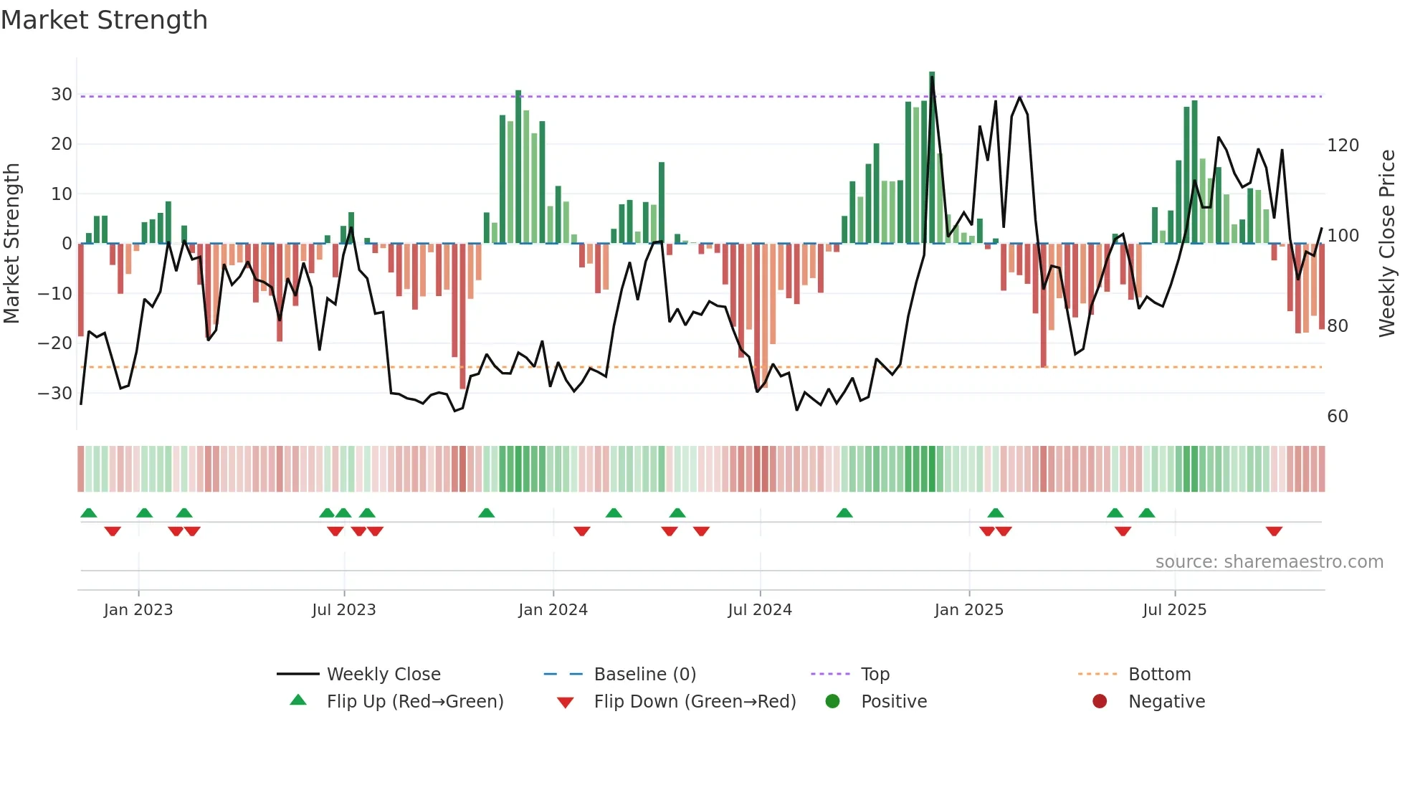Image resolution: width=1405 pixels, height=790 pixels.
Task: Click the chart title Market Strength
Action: (104, 20)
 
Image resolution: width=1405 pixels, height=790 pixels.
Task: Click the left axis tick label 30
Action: (62, 95)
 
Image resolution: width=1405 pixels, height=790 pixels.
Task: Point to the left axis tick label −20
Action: (55, 343)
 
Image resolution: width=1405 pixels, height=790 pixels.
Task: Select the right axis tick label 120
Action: (1343, 146)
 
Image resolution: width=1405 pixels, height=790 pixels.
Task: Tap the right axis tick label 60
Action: (1338, 417)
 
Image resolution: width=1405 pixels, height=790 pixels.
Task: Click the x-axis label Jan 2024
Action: (553, 610)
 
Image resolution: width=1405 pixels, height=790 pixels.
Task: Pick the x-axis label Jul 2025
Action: (1174, 610)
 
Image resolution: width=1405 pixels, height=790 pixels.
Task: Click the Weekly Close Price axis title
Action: (1387, 244)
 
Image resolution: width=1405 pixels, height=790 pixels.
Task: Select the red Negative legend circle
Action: (1100, 702)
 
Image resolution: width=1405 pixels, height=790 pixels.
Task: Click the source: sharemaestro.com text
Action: (1269, 562)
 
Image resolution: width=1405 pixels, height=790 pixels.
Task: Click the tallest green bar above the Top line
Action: (932, 83)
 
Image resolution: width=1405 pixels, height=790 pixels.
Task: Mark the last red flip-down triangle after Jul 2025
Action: (1274, 531)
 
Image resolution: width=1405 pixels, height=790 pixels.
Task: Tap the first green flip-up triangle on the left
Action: (89, 513)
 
